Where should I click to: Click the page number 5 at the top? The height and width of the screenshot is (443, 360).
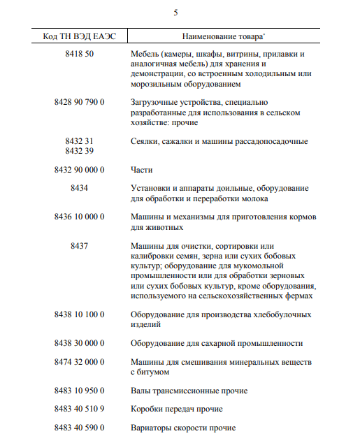coord(175,13)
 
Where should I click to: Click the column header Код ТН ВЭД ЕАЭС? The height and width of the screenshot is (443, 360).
coord(79,35)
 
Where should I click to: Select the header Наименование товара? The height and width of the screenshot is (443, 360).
coord(222,35)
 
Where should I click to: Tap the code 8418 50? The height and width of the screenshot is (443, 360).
coord(79,54)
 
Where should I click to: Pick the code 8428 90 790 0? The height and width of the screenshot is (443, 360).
coord(79,103)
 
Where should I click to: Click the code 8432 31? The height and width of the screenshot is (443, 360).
coord(79,141)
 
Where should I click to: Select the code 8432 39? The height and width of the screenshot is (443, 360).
coord(79,151)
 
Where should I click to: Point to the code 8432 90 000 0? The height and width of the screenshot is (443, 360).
coord(79,170)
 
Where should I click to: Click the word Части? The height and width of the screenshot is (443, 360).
coord(142,170)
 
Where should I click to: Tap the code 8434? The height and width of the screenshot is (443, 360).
coord(79,189)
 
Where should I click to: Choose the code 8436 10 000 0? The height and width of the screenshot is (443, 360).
coord(79,217)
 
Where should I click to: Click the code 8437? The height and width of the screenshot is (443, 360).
coord(79,246)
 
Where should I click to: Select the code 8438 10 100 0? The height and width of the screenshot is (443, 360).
coord(79,314)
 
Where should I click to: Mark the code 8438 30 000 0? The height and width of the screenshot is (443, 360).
coord(79,343)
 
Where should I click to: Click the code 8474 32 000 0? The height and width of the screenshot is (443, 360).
coord(79,362)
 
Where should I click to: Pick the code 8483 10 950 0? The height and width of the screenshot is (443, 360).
coord(79,391)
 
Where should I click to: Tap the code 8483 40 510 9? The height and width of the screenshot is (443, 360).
coord(79,409)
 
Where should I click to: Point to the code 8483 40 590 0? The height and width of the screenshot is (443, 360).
coord(79,427)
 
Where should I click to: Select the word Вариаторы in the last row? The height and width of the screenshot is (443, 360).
coord(153,427)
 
